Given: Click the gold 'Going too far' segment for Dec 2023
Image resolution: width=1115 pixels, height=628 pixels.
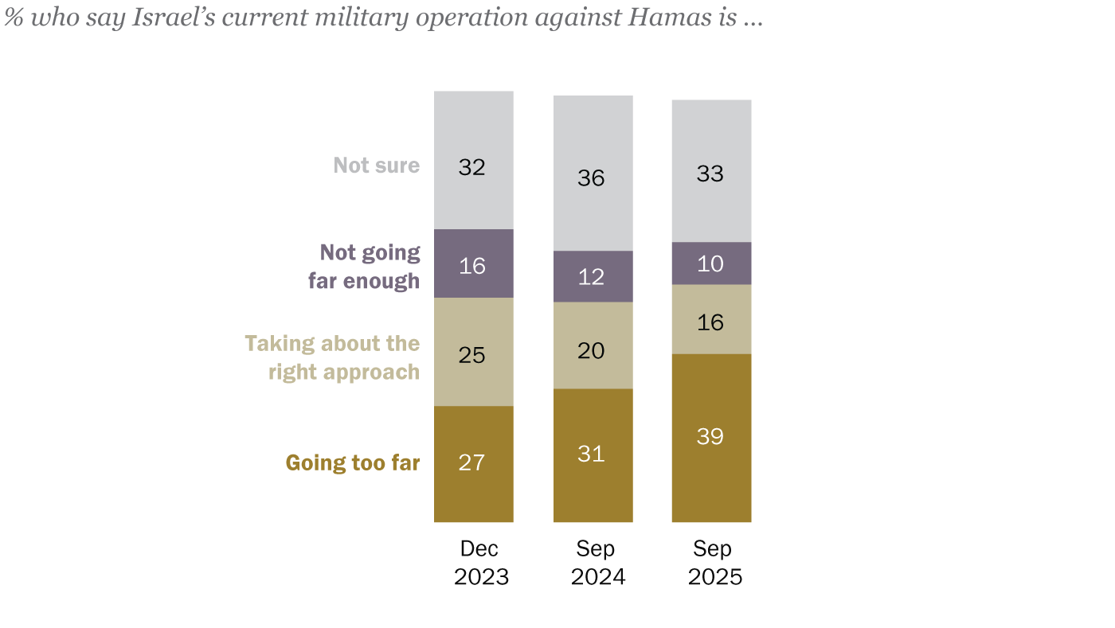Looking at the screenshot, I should [473, 463].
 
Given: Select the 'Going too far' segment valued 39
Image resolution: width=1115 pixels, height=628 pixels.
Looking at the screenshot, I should [711, 437].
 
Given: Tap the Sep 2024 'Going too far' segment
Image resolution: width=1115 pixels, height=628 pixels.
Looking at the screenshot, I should [593, 454].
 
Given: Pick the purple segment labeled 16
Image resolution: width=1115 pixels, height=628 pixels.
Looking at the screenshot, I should [473, 263].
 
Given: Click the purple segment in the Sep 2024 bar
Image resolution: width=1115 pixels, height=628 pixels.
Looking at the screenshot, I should [593, 276].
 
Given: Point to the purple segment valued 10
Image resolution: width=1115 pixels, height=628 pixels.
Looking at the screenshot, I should [711, 263].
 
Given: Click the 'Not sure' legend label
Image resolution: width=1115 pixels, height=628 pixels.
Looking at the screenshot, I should [376, 166].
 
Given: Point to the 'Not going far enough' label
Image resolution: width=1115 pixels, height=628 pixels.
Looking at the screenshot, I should [364, 267].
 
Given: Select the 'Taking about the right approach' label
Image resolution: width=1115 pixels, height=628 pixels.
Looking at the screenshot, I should [332, 357].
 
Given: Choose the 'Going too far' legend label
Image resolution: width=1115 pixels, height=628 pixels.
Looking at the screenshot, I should [352, 463].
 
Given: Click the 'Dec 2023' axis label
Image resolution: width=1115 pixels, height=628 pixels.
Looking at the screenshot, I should [480, 563].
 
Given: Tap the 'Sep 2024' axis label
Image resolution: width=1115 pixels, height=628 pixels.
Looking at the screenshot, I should [597, 563].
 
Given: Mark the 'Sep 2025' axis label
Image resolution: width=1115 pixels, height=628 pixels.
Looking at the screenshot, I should [714, 563].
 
